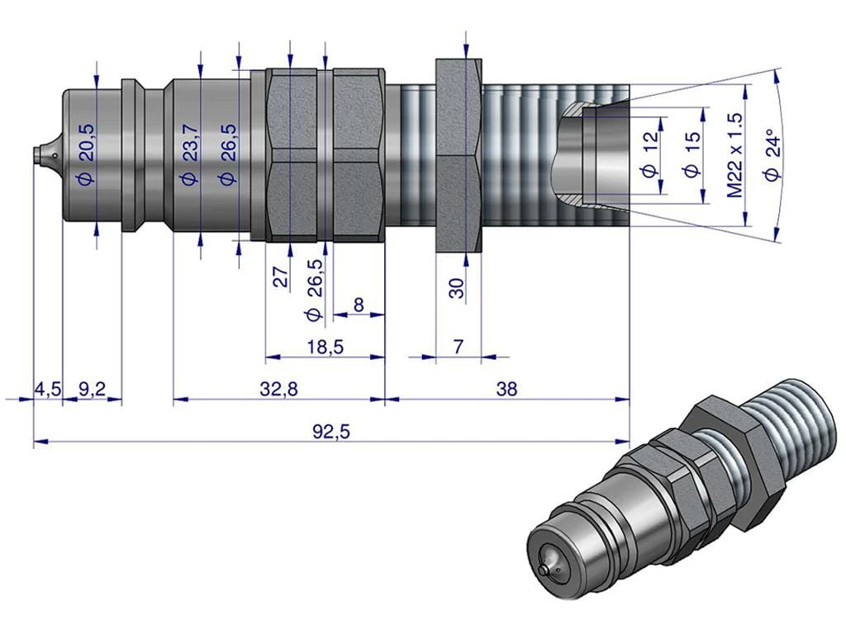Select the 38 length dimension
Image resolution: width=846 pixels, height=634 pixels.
click(507, 388)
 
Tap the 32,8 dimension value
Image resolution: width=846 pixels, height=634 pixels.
click(279, 388)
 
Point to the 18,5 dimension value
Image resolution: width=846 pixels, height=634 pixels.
click(325, 347)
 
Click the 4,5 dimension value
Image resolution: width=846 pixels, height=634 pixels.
click(47, 388)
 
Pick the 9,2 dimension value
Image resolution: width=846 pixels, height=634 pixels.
click(92, 388)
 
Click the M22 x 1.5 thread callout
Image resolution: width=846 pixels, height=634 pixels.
click(735, 154)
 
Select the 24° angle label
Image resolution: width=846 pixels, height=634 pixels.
click(773, 153)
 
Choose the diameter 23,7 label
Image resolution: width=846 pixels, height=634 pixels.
click(190, 154)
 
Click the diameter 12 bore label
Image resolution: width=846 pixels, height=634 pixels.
click(649, 153)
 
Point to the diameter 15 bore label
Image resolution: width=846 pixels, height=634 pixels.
click(692, 154)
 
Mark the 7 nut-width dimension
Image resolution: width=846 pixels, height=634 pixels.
click(457, 347)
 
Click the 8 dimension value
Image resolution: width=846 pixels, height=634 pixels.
click(358, 305)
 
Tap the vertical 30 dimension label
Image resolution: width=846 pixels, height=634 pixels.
click(457, 287)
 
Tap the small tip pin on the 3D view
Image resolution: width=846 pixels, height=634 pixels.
click(544, 570)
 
